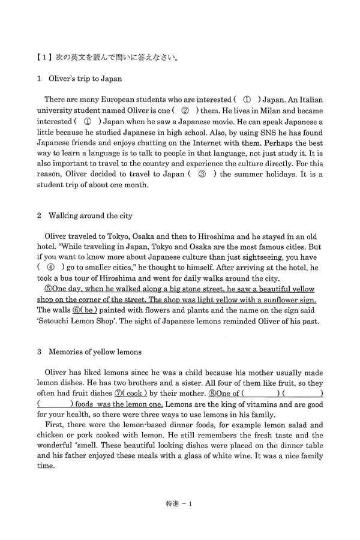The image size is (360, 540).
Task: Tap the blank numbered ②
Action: pos(185,111)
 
